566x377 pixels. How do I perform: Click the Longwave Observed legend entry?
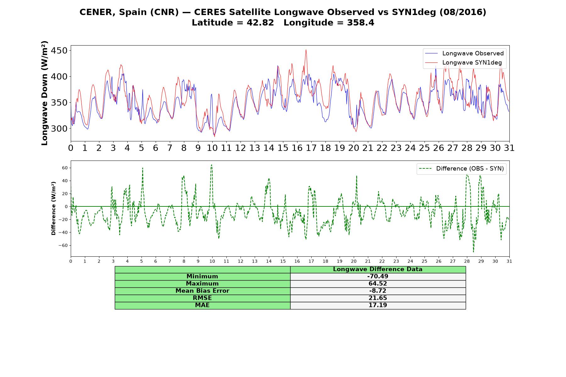pos(464,53)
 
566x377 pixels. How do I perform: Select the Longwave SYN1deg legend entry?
pos(463,63)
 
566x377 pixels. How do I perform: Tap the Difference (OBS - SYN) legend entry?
pos(461,169)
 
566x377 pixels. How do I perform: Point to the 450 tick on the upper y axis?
pos(60,51)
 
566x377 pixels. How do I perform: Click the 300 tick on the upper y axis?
pos(60,128)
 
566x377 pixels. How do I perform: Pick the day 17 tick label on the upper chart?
pos(311,148)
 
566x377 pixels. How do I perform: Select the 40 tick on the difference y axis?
pos(65,181)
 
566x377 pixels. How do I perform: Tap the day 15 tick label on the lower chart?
pos(283,261)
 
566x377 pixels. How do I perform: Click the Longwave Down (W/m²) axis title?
pos(45,93)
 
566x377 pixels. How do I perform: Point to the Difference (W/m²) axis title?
pos(53,208)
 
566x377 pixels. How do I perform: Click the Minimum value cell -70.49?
pos(378,276)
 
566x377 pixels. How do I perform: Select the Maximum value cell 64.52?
pos(378,284)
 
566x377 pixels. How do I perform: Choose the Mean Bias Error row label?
pos(202,291)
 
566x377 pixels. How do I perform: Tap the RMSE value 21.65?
pos(378,298)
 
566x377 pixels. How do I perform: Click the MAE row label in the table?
pos(202,305)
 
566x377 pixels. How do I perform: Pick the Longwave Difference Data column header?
pos(378,269)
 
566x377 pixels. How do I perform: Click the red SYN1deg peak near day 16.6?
pos(306,50)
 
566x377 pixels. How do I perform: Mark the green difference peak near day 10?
pos(212,165)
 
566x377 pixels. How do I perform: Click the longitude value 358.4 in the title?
pos(361,23)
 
